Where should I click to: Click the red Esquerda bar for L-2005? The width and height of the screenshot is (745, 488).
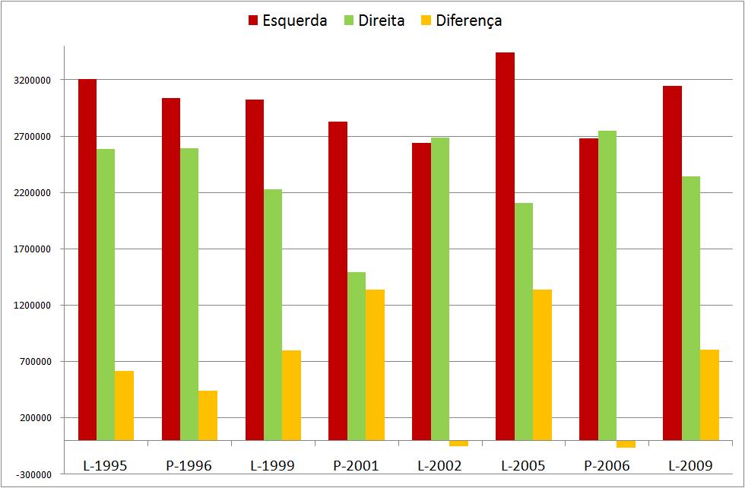[x=505, y=246]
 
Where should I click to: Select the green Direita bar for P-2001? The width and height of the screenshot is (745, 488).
[x=357, y=356]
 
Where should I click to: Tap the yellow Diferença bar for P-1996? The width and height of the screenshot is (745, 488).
[x=208, y=415]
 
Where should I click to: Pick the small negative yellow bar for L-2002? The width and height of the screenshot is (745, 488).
[x=458, y=443]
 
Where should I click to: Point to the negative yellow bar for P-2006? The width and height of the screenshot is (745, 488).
[x=626, y=444]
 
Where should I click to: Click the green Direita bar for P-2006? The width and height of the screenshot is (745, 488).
[x=607, y=285]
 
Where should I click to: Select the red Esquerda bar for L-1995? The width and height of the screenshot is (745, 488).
[x=87, y=259]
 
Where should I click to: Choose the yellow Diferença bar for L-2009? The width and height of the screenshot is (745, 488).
[x=709, y=395]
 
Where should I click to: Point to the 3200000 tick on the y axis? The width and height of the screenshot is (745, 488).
[x=31, y=81]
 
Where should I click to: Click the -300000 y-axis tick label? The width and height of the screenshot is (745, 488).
[x=31, y=474]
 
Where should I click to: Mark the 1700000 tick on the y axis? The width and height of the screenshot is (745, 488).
[x=31, y=249]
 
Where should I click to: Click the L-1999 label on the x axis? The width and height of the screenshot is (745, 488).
[x=272, y=465]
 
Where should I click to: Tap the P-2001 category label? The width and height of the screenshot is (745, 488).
[x=356, y=465]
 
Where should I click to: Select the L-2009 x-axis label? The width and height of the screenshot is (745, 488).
[x=690, y=465]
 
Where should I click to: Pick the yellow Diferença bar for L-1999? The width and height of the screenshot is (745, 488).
[x=291, y=395]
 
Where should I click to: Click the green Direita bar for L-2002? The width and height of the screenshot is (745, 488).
[x=440, y=289]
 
